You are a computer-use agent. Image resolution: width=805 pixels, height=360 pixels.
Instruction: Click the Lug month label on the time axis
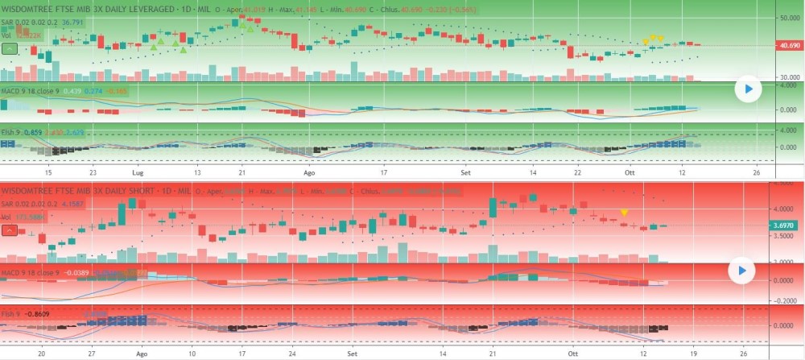point(136,172)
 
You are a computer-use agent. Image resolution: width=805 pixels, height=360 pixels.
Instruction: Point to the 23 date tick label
point(93,172)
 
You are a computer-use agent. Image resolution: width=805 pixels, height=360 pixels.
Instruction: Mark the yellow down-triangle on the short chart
point(625,212)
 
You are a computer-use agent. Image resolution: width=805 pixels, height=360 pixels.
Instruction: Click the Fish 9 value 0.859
point(34,130)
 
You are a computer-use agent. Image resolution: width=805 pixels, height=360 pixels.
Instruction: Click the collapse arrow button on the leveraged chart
point(10,48)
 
